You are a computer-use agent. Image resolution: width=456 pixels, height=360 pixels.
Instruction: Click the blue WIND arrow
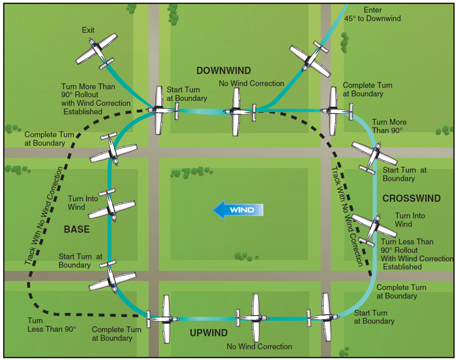coord(238,210)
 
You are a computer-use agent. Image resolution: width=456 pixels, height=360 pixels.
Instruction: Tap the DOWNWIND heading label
coord(224,71)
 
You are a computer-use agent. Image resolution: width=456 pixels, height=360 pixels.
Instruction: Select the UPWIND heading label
coord(209,333)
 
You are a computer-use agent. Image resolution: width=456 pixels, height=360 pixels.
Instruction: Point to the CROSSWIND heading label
coord(411,198)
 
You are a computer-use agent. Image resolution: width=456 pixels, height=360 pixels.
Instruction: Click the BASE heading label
coord(76,230)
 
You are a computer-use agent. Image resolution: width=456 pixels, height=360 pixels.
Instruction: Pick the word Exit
coord(88,30)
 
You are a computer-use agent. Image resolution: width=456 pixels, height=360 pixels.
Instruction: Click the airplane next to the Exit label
coord(97,49)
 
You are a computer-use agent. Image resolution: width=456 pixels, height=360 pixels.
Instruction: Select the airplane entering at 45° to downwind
coord(310,59)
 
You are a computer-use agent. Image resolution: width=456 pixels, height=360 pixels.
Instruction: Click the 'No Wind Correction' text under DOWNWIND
coord(252,83)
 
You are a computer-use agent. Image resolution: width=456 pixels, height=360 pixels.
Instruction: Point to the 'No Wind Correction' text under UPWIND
coord(259,346)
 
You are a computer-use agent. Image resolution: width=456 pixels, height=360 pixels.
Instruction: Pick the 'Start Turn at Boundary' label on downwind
coord(187,94)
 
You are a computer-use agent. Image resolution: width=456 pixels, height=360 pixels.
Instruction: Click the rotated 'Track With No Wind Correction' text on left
coord(45,216)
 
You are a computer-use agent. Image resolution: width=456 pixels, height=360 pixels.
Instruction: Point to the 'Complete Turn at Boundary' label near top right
coord(367,90)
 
